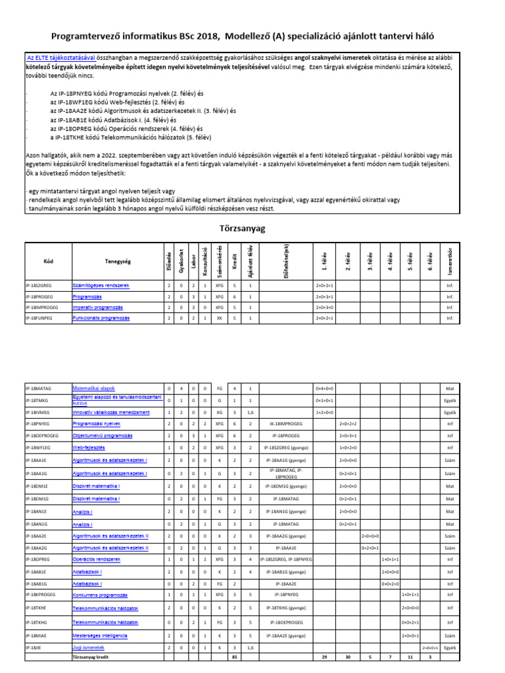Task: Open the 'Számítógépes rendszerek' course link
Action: [101, 286]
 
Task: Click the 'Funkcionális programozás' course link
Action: [101, 318]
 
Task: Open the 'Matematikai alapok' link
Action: [93, 388]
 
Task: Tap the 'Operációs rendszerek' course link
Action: [97, 559]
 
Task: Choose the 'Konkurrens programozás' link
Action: [100, 594]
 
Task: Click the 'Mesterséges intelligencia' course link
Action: [101, 636]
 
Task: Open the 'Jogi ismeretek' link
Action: [89, 647]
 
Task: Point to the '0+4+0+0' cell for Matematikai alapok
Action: [325, 388]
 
